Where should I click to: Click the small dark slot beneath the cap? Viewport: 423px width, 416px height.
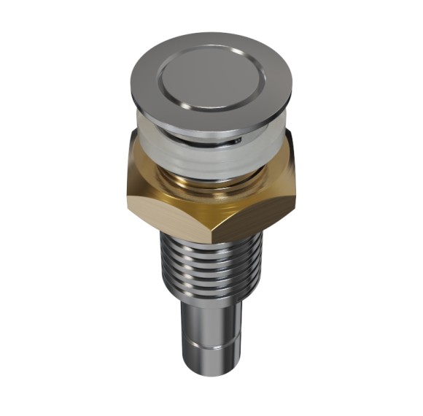236,138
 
